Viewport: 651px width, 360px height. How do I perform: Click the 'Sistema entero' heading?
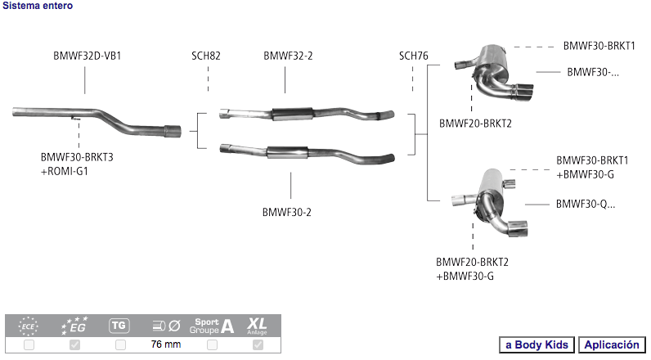(38, 6)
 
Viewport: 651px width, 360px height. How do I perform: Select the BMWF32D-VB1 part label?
(88, 56)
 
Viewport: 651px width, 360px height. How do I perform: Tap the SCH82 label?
(206, 56)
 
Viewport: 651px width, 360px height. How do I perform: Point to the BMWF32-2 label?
(288, 56)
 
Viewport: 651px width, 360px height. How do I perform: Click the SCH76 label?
(414, 56)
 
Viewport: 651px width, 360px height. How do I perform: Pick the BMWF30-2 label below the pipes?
(287, 212)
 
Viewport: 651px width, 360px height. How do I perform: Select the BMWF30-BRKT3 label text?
(77, 157)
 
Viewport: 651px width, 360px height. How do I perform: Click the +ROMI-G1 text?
(65, 171)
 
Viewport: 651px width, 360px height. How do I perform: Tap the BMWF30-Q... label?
(586, 204)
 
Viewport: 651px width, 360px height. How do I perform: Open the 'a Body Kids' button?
(537, 344)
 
